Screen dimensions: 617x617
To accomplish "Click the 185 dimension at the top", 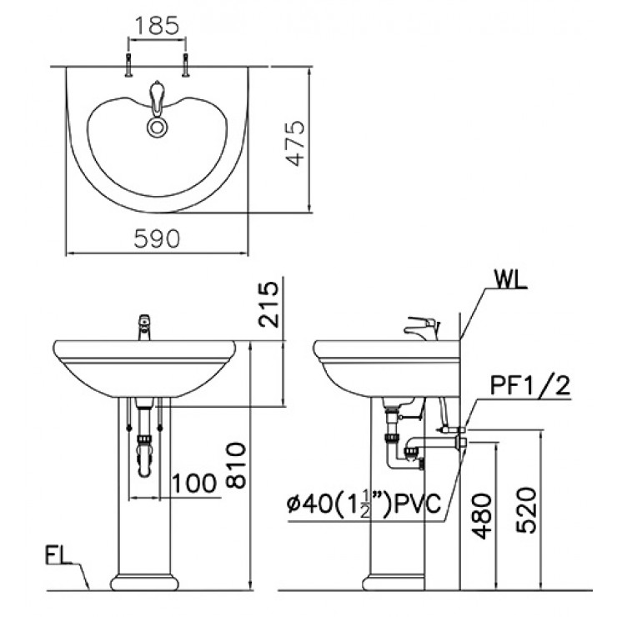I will click(x=156, y=25).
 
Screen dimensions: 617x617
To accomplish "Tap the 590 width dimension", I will click(x=158, y=238).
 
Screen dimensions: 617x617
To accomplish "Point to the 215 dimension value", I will click(x=268, y=306).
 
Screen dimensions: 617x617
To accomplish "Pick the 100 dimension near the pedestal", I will click(x=196, y=481).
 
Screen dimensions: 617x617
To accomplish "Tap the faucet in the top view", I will click(x=156, y=98).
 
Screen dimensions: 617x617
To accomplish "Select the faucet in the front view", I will click(x=144, y=328).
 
